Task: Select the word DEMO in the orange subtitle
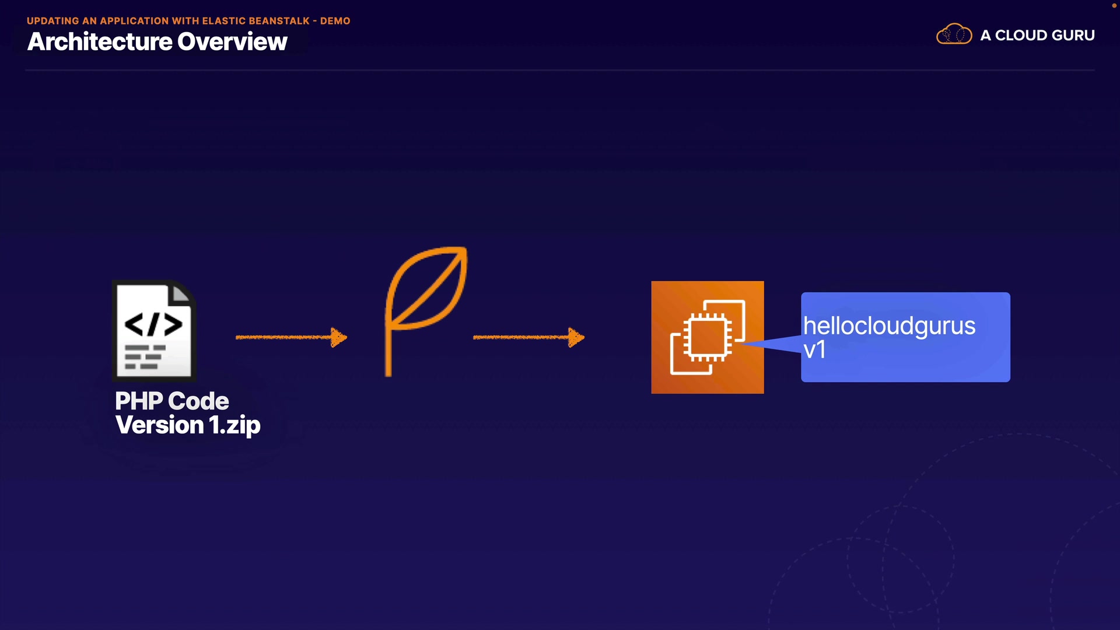tap(335, 21)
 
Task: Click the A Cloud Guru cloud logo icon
tap(954, 34)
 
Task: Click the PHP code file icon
tap(154, 330)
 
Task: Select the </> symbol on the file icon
tap(153, 324)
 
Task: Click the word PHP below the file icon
tap(139, 401)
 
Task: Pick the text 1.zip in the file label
tap(235, 425)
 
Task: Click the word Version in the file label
tap(160, 425)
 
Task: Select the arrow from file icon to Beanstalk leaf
tap(290, 337)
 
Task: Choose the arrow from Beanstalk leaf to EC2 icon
tap(528, 337)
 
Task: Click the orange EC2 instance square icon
tap(707, 337)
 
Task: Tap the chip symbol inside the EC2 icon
tap(708, 337)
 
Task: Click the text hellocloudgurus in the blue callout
tap(889, 326)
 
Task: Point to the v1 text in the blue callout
tap(814, 350)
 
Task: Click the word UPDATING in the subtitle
tap(52, 21)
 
